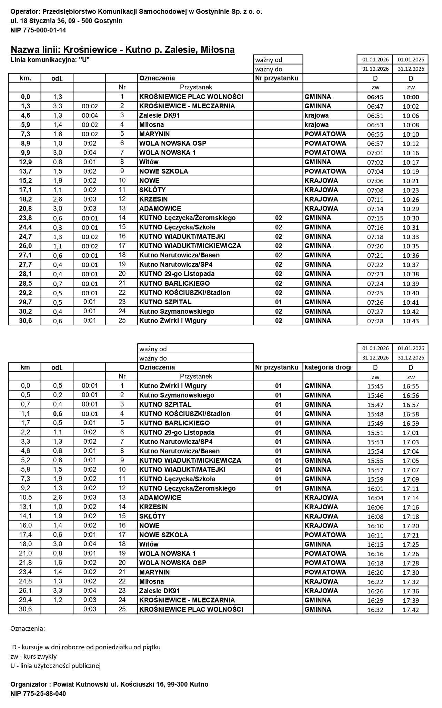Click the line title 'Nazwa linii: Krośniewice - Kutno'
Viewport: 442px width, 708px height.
click(x=122, y=50)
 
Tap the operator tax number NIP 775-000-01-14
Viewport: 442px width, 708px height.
click(x=38, y=30)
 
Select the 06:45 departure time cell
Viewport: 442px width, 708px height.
click(x=375, y=97)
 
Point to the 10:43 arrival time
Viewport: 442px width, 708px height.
click(x=411, y=321)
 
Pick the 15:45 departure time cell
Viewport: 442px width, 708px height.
click(x=375, y=386)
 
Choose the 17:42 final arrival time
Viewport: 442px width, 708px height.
click(x=411, y=610)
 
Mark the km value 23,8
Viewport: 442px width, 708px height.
click(x=25, y=218)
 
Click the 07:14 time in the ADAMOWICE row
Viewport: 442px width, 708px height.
click(x=375, y=209)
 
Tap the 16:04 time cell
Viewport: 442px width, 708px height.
click(x=375, y=498)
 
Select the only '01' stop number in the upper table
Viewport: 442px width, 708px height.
click(x=278, y=302)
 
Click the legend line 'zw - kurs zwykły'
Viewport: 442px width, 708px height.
click(x=33, y=656)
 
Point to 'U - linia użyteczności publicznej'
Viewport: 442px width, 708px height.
click(x=56, y=666)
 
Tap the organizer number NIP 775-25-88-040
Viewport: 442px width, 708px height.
click(x=38, y=694)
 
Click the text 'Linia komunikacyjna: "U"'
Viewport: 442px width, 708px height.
click(x=50, y=59)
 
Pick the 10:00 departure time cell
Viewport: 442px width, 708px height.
click(x=411, y=97)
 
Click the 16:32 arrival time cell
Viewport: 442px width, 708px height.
click(x=375, y=610)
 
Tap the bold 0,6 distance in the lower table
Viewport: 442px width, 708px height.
click(x=57, y=414)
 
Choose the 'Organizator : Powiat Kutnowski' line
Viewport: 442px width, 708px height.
click(x=109, y=684)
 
